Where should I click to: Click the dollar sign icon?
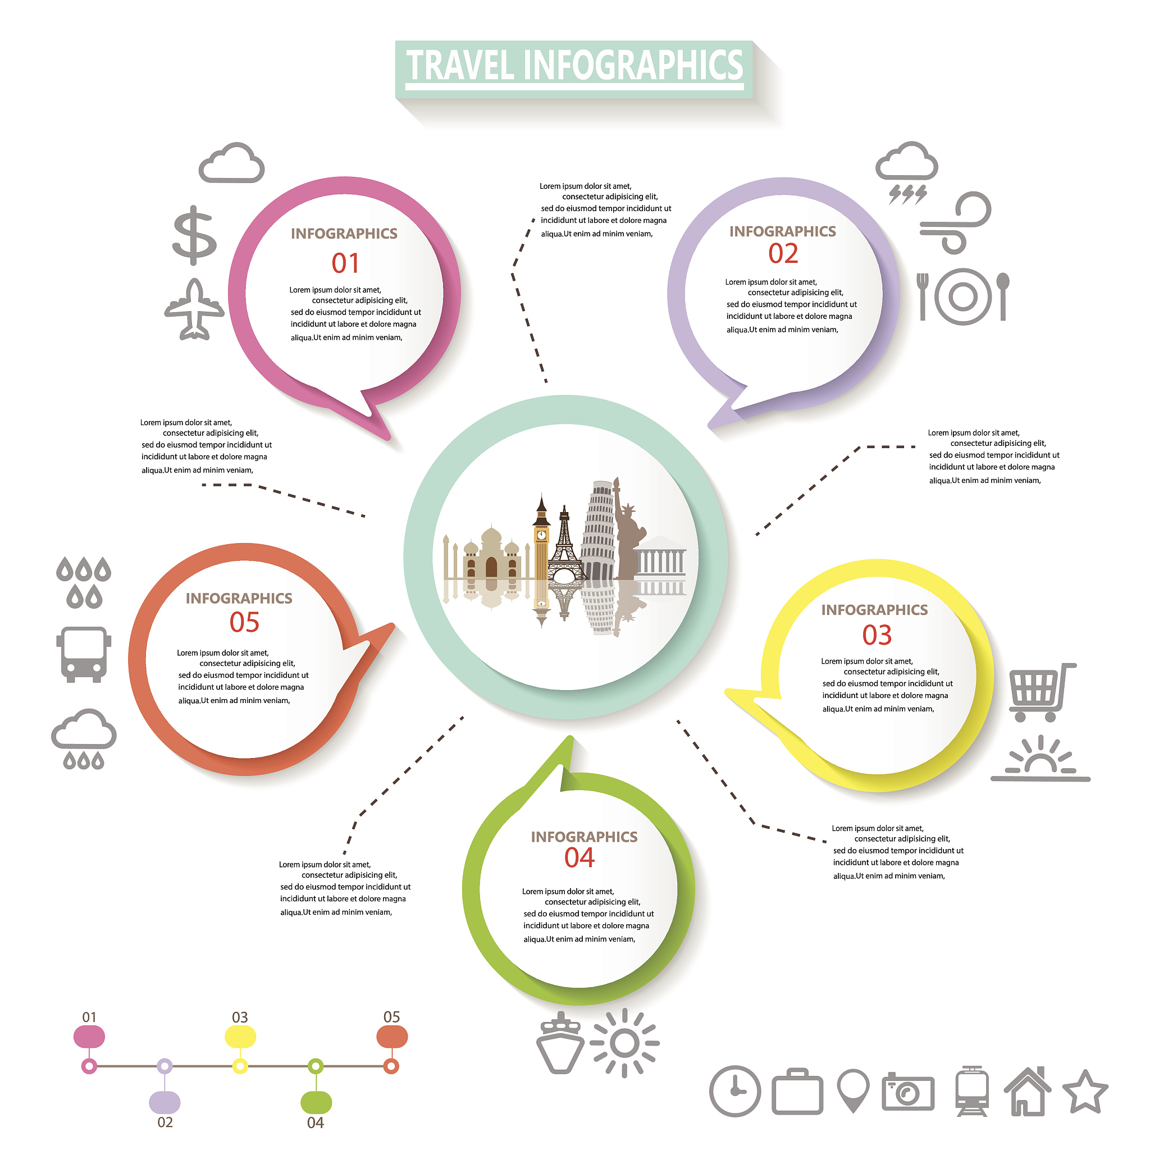195,236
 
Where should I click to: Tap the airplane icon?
194,309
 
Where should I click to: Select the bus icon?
84,655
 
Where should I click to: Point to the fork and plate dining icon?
962,296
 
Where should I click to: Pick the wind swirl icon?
955,222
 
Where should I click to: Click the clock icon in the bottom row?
735,1092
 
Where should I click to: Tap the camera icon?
908,1092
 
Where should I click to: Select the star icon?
1085,1092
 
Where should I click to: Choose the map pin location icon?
853,1090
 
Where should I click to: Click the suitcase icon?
797,1092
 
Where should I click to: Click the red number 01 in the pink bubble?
345,263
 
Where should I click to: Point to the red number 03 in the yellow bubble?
877,635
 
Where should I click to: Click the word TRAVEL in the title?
460,65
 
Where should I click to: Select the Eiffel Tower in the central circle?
563,544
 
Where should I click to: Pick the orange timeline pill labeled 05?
392,1038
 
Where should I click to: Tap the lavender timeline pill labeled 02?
165,1102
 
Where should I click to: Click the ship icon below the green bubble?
559,1044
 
